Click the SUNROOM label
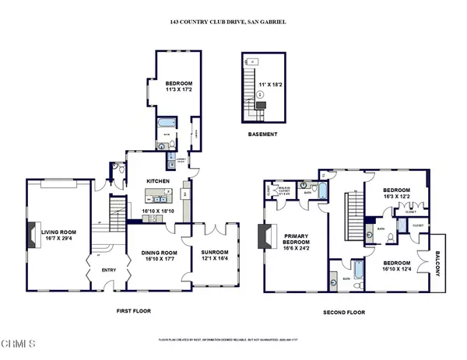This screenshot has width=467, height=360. click(x=214, y=253)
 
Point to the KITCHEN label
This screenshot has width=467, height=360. click(x=158, y=181)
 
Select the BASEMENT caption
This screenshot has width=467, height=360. click(x=262, y=132)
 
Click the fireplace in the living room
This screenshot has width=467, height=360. click(x=32, y=234)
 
